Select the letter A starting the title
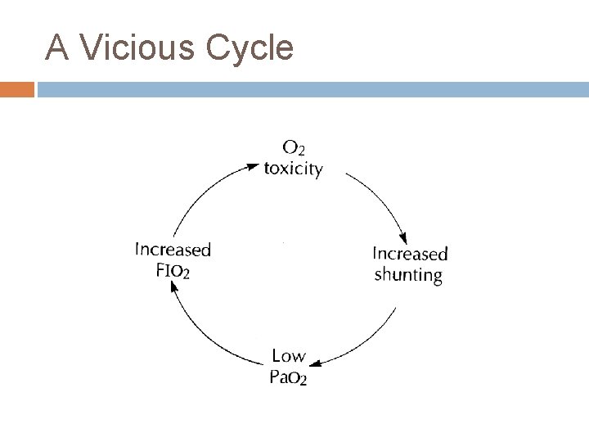pyautogui.click(x=56, y=48)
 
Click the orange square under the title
pyautogui.click(x=17, y=88)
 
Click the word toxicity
pyautogui.click(x=293, y=169)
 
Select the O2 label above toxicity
pyautogui.click(x=294, y=149)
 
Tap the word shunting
pyautogui.click(x=408, y=275)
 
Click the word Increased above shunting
pyautogui.click(x=410, y=254)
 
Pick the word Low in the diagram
pyautogui.click(x=288, y=356)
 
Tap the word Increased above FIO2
pyautogui.click(x=173, y=250)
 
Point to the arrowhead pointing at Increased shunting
pyautogui.click(x=402, y=236)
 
